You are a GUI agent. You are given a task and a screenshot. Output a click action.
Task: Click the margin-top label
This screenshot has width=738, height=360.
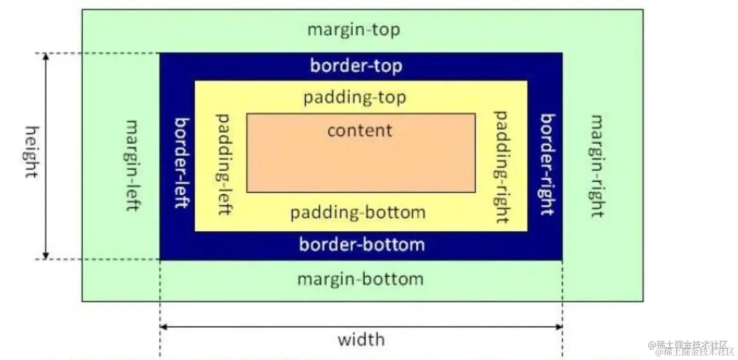point(353,30)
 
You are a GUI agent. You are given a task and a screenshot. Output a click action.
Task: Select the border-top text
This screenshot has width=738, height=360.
point(356,66)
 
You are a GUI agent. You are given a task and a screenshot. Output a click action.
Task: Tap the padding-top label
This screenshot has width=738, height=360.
point(355,97)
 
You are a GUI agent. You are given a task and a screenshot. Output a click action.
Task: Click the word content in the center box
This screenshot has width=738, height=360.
point(360,130)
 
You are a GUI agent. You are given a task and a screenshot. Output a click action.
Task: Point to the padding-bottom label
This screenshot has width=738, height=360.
point(358,213)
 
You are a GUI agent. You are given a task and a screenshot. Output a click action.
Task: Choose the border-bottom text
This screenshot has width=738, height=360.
point(362,244)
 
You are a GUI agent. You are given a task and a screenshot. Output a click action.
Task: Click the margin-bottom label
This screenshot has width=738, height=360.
point(360,278)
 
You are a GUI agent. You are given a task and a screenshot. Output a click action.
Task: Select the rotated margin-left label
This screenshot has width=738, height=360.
point(131,165)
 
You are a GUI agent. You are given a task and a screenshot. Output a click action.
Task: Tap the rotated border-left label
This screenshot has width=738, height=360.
point(181,163)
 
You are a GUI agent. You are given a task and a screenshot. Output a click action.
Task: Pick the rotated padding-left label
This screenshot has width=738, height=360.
point(224,164)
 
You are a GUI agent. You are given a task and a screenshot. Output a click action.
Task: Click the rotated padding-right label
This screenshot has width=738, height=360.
point(501,166)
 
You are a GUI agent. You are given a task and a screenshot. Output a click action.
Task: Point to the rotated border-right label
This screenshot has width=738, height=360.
point(547,164)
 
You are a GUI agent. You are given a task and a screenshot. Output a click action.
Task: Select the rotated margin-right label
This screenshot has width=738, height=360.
point(597,166)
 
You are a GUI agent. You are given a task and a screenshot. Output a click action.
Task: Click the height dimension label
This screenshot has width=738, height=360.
point(31,152)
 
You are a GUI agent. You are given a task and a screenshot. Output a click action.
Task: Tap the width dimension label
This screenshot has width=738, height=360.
point(361,340)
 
